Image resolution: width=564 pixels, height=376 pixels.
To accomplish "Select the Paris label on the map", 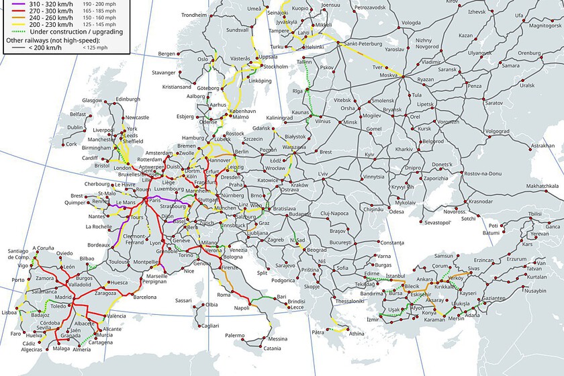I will pyautogui.click(x=155, y=200).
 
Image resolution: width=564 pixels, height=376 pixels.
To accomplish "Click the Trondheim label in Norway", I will pyautogui.click(x=193, y=15).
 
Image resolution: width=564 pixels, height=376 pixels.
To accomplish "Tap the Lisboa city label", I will pyautogui.click(x=11, y=313).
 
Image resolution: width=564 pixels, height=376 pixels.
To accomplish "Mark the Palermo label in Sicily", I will pyautogui.click(x=235, y=335).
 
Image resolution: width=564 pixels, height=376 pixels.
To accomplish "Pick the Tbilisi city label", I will pyautogui.click(x=534, y=214).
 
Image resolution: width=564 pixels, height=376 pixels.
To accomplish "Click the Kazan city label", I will pyautogui.click(x=465, y=34).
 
